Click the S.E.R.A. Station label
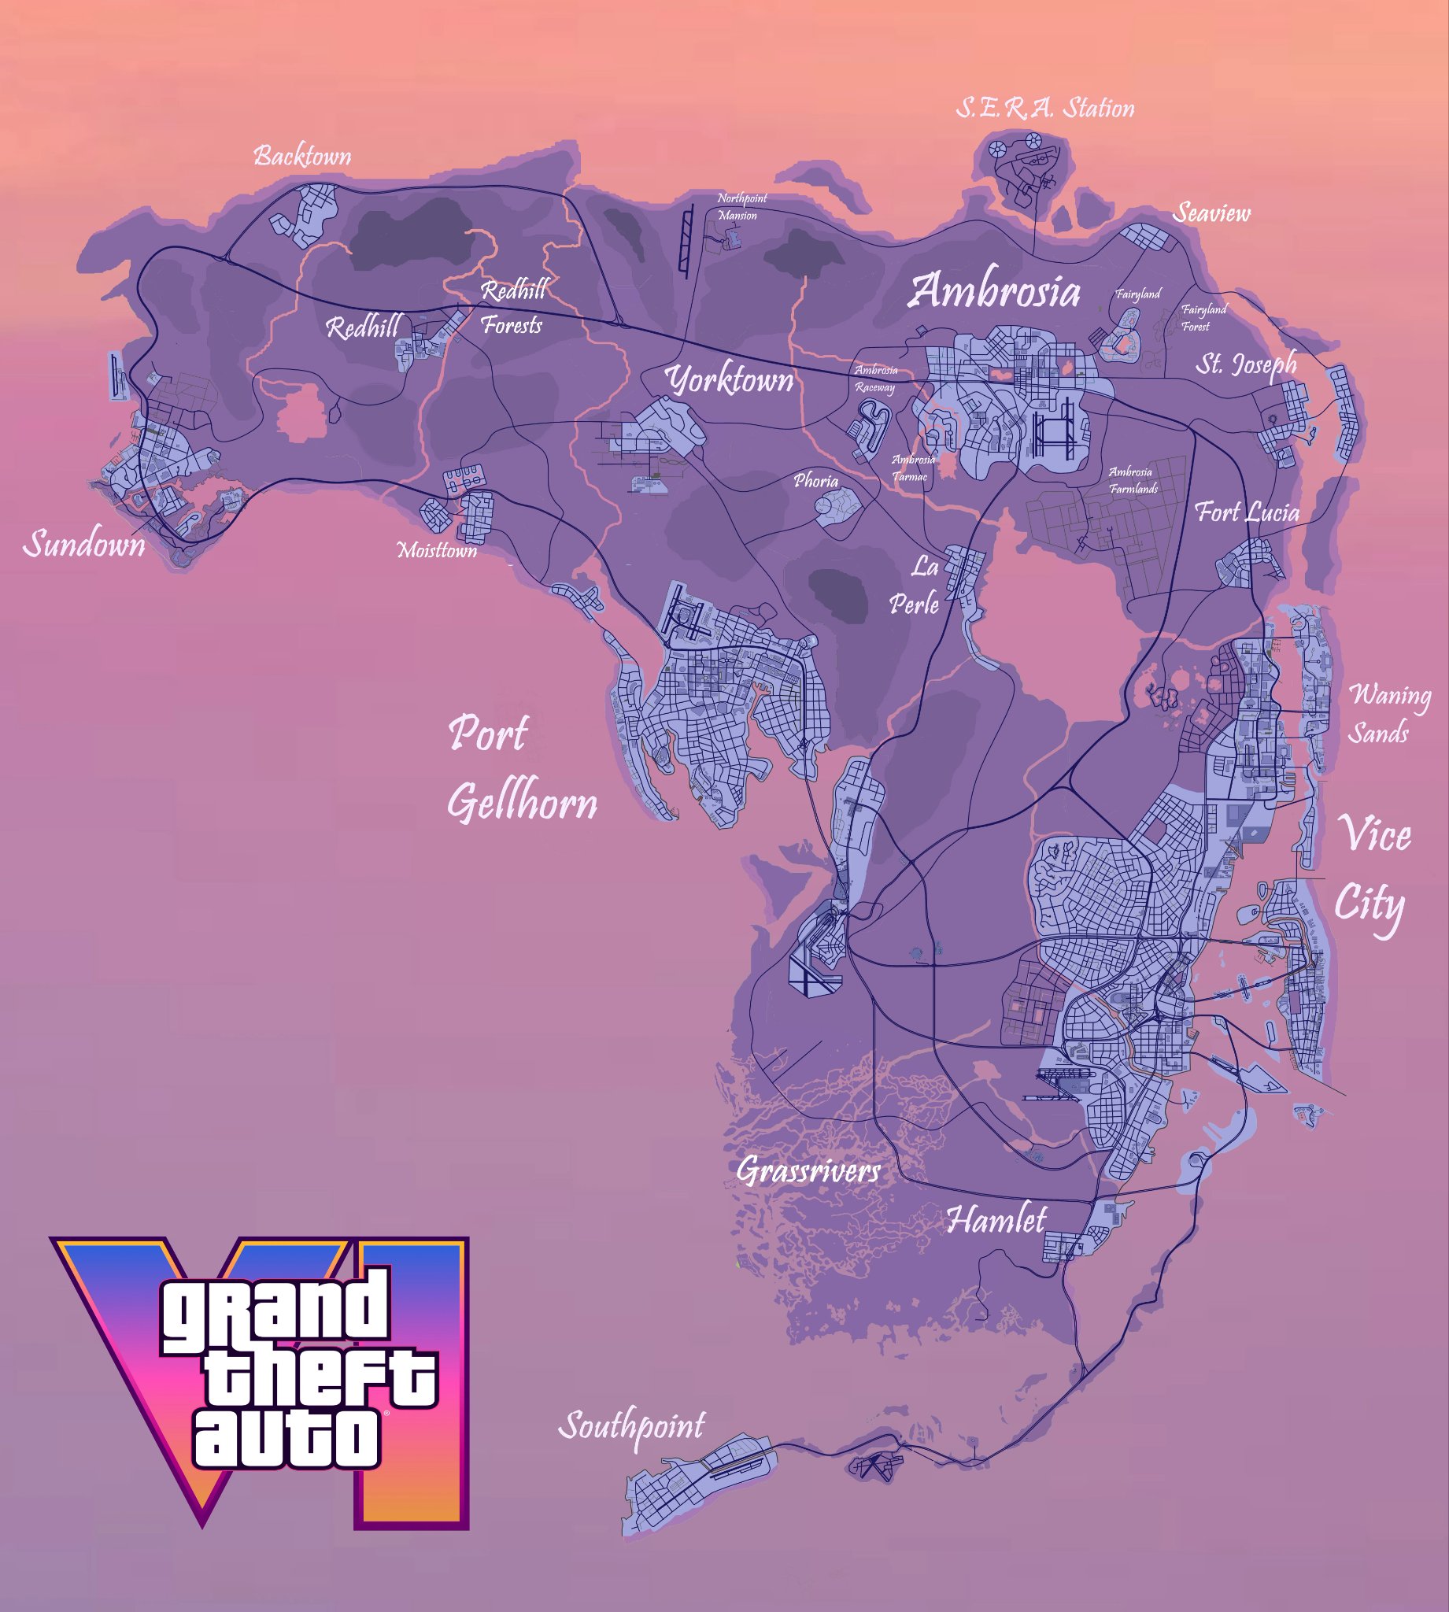pyautogui.click(x=1044, y=109)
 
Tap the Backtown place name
pyautogui.click(x=302, y=156)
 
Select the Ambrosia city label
pyautogui.click(x=995, y=291)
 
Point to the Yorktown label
pyautogui.click(x=730, y=380)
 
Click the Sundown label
pyautogui.click(x=84, y=545)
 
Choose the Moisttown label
pyautogui.click(x=437, y=550)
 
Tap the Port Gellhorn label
pyautogui.click(x=522, y=767)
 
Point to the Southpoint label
pyautogui.click(x=631, y=1424)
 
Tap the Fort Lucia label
pyautogui.click(x=1247, y=512)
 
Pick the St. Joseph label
pyautogui.click(x=1246, y=364)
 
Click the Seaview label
pyautogui.click(x=1211, y=213)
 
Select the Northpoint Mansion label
pyautogui.click(x=741, y=207)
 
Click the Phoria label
pyautogui.click(x=816, y=481)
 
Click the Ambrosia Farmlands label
pyautogui.click(x=1133, y=481)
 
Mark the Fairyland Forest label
pyautogui.click(x=1203, y=318)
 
